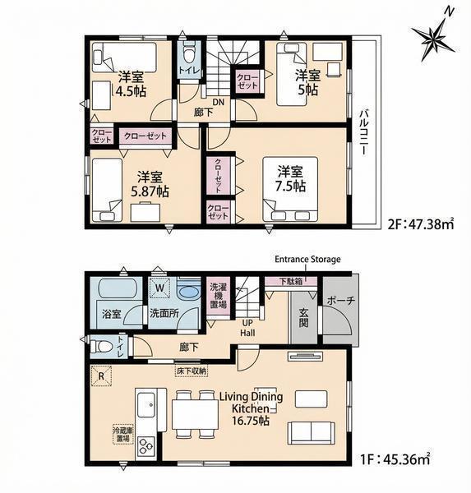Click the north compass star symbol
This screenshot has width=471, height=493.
tap(433, 39)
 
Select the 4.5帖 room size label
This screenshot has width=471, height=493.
tap(131, 91)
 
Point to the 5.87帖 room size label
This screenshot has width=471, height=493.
tap(150, 191)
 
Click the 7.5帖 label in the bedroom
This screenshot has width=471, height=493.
tap(290, 186)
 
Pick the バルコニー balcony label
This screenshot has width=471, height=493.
tap(364, 131)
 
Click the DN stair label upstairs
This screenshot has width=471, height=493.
tap(219, 102)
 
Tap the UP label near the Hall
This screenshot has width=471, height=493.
tap(247, 323)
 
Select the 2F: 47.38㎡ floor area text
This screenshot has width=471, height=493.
tap(421, 224)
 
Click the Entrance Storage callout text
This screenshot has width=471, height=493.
tap(307, 260)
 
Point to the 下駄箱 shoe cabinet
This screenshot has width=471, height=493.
tap(291, 281)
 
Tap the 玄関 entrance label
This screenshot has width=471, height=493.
tap(303, 317)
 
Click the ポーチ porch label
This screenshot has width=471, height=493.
tap(341, 301)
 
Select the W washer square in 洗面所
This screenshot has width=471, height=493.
tap(159, 288)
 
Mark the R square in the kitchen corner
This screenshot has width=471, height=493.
tap(101, 376)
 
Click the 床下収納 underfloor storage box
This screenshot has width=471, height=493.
tap(192, 371)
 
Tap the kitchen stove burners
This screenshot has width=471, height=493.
tap(145, 446)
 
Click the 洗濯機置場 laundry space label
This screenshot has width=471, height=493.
tap(218, 296)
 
